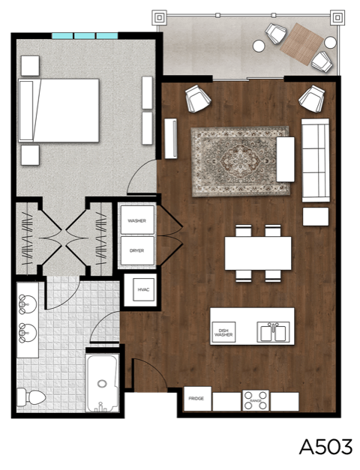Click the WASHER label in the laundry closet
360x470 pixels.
click(136, 221)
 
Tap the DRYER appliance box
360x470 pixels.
click(136, 250)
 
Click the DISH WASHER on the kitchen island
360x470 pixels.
click(223, 331)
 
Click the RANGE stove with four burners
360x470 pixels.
click(255, 400)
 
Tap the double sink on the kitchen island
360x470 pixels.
click(271, 331)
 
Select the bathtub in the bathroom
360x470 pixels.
click(101, 383)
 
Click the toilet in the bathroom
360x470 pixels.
click(32, 396)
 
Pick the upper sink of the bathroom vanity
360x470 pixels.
click(27, 303)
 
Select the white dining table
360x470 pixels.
click(258, 253)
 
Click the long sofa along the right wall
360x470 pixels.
click(315, 160)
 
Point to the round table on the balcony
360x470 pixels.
click(259, 46)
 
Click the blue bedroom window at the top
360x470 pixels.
click(85, 35)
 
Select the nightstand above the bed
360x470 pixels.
click(30, 66)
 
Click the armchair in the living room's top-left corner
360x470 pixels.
click(197, 97)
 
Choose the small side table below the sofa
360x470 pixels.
click(315, 217)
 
